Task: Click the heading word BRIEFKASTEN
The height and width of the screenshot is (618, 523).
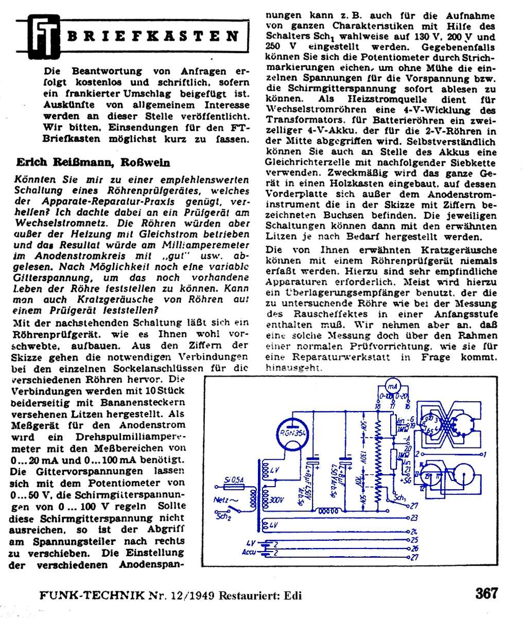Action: [x=153, y=37]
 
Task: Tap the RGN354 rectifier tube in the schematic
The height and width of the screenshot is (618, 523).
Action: [x=292, y=434]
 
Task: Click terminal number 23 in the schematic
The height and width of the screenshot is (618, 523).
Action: [x=414, y=518]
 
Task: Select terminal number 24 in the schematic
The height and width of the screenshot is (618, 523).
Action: [x=414, y=531]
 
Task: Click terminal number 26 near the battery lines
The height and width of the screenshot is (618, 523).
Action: [x=414, y=548]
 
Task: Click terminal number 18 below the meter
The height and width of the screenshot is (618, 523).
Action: [x=378, y=406]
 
